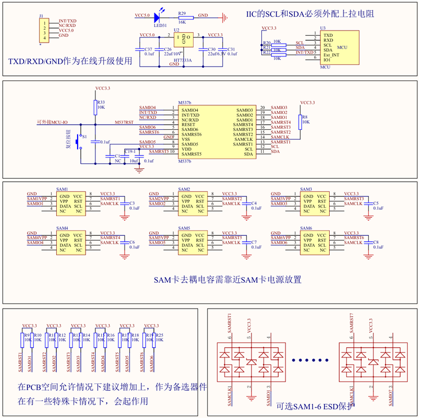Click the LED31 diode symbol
pyautogui.click(x=157, y=16)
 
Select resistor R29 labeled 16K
pyautogui.click(x=182, y=17)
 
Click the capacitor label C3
pyautogui.click(x=132, y=203)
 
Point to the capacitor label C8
pyautogui.click(x=376, y=243)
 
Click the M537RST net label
pyautogui.click(x=124, y=122)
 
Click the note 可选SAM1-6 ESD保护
pyautogui.click(x=315, y=406)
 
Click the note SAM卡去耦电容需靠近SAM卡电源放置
pyautogui.click(x=228, y=280)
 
